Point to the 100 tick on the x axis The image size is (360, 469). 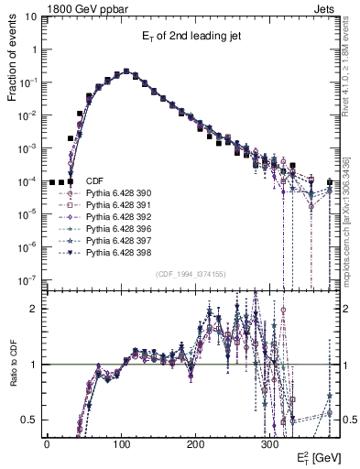pos(121,443)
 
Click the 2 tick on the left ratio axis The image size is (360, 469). pos(34,309)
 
